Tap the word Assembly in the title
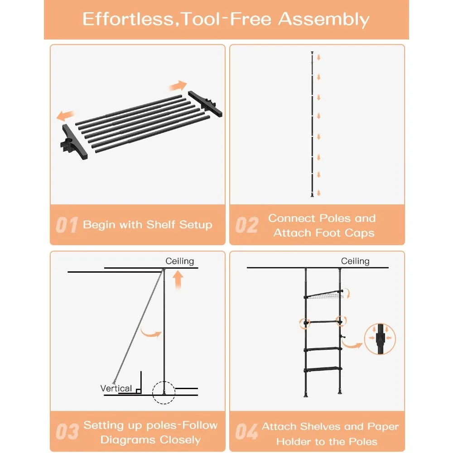pos(324,19)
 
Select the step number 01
pos(67,225)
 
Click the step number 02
pos(247,225)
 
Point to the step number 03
pos(67,432)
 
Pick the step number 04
pos(247,432)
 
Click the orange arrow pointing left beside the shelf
pos(66,116)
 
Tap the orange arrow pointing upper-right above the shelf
pos(178,86)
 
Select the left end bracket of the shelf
pos(74,142)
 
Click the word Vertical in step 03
pos(116,388)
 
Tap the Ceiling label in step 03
pos(180,261)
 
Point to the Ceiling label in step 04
pos(355,261)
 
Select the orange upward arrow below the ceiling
pos(178,280)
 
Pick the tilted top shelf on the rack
pos(323,294)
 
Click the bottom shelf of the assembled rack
pos(323,369)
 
